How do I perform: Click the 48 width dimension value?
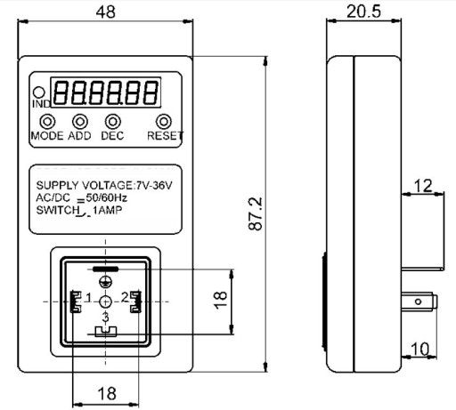pos(106,12)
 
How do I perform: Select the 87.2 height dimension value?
pos(256,213)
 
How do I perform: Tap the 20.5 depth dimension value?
pos(363,12)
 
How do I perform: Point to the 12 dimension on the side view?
pos(423,186)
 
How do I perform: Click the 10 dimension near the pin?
pos(420,349)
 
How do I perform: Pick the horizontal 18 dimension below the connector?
pos(107,394)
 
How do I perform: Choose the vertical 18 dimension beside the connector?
pos(221,300)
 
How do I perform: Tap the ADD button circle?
pos(80,122)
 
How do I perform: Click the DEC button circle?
pos(113,122)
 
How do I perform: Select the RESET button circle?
pos(164,122)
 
